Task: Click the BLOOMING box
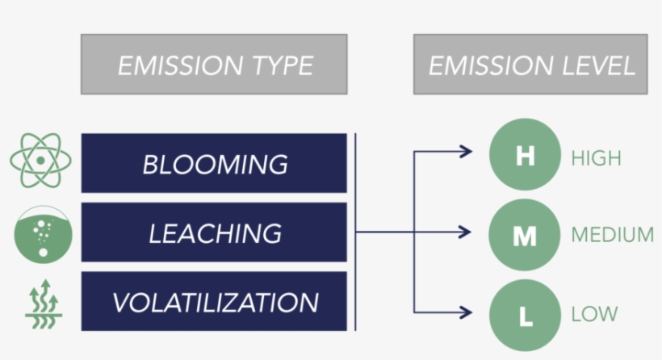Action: click(x=214, y=164)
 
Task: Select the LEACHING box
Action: click(x=214, y=233)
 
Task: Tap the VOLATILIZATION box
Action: click(x=214, y=303)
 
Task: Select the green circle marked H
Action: click(x=525, y=156)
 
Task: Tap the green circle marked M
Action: click(x=525, y=235)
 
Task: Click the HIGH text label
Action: click(x=596, y=158)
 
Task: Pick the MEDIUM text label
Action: click(x=612, y=235)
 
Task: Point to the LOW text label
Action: click(x=594, y=313)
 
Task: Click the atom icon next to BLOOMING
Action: click(x=40, y=159)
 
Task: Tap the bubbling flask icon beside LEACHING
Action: click(x=43, y=234)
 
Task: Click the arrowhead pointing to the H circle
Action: click(x=466, y=151)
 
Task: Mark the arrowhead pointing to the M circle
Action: click(x=466, y=232)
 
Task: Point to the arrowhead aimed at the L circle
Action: click(x=466, y=312)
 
